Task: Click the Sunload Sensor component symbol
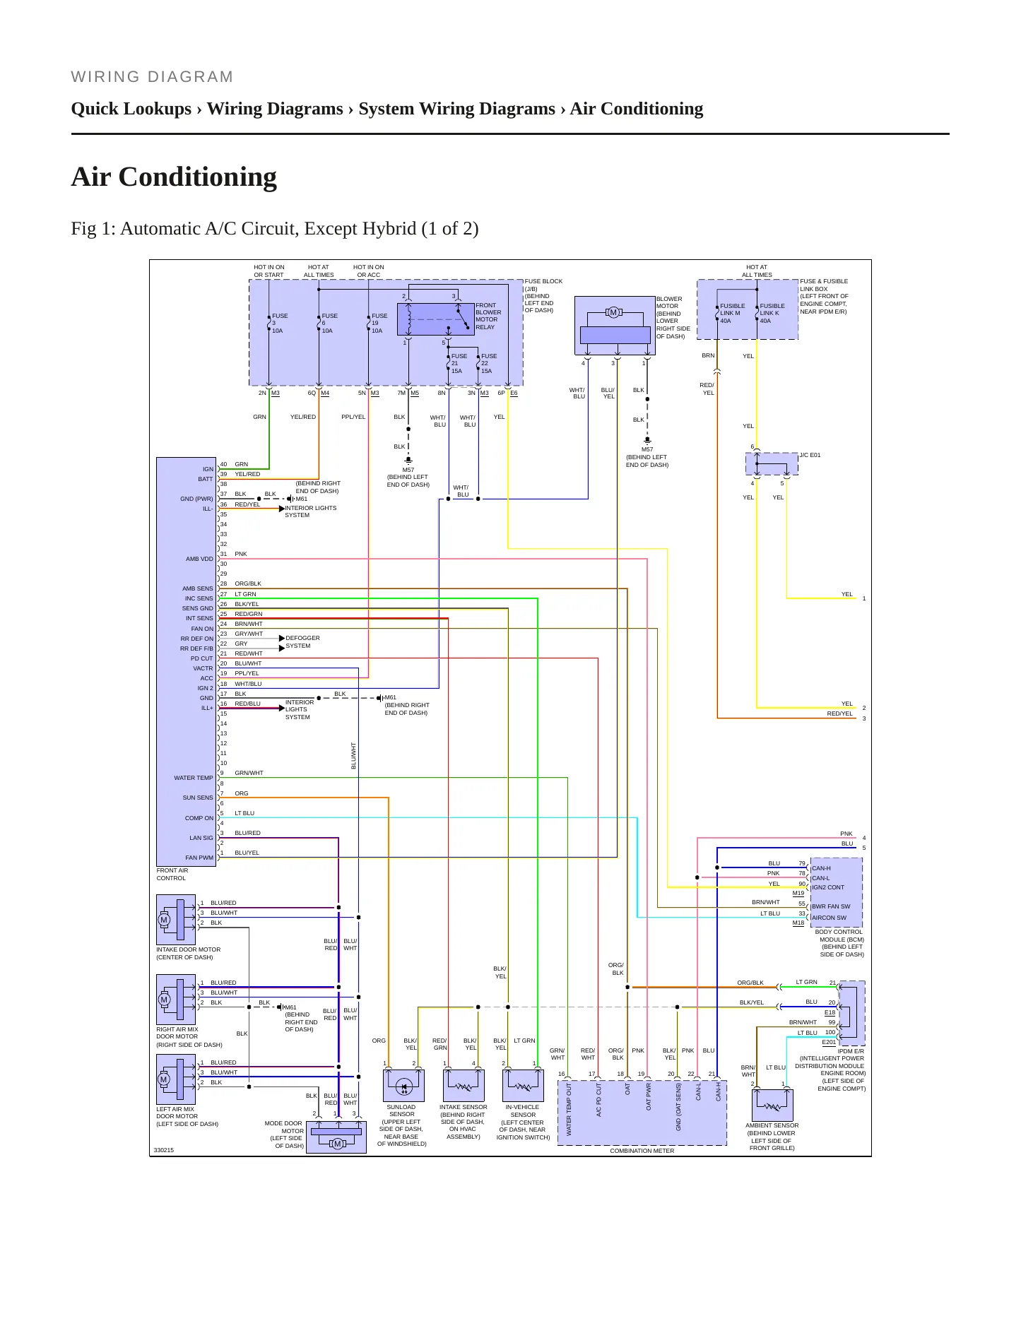coord(403,1085)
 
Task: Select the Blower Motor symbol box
coord(615,326)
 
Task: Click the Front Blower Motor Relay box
coord(436,319)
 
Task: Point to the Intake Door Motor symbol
coord(176,920)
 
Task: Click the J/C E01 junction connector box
coord(772,464)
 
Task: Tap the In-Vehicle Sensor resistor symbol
coord(523,1085)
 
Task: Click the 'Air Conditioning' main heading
coord(174,177)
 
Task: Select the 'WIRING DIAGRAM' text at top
coord(152,77)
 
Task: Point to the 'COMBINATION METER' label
coord(642,1151)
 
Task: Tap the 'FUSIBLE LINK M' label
coord(732,309)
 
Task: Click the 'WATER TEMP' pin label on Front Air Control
coord(194,778)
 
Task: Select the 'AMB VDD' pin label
coord(199,559)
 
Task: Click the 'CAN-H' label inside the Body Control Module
coord(821,868)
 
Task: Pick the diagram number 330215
coord(163,1150)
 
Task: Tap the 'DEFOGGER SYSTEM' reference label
coord(302,641)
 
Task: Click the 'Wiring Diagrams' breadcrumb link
coord(275,109)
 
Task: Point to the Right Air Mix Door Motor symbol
coord(176,1000)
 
